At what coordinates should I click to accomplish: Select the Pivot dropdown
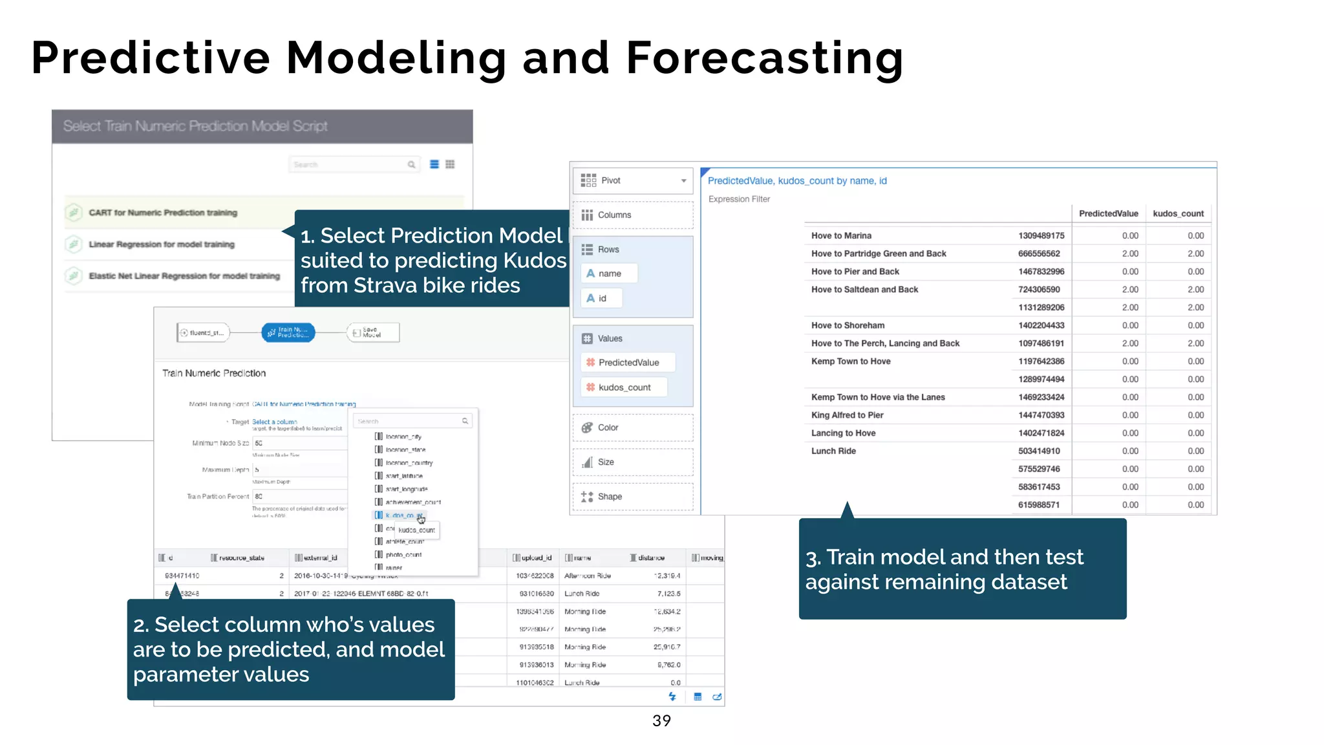coord(632,180)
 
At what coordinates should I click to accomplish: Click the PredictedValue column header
coord(1108,213)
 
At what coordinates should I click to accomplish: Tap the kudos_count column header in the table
coord(1178,213)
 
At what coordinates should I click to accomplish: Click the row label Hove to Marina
coord(841,235)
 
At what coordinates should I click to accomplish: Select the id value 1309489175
coord(1041,235)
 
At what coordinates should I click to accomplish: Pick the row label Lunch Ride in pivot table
coord(833,451)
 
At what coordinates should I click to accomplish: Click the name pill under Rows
coord(609,274)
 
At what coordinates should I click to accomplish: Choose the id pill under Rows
coord(601,298)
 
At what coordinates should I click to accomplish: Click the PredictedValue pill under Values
coord(628,362)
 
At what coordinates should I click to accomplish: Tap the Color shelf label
coord(608,427)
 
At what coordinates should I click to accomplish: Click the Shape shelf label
coord(610,497)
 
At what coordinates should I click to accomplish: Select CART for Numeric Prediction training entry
coord(163,213)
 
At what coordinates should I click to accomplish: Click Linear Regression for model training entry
coord(162,244)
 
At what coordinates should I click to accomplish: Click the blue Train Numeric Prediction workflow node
coord(288,332)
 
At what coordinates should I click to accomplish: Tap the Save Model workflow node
coord(373,332)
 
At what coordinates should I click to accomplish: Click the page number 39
coord(661,720)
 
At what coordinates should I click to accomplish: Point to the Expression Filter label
coord(739,199)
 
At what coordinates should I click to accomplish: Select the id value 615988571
coord(1038,504)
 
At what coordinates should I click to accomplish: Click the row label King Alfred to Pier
coord(847,415)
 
